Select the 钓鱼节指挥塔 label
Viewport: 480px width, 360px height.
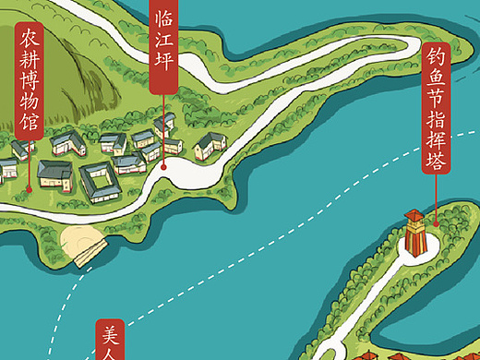[x=437, y=112]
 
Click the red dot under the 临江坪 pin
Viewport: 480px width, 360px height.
[x=163, y=167]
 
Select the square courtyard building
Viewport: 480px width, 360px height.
[x=100, y=181]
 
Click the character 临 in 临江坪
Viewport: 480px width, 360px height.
[x=163, y=18]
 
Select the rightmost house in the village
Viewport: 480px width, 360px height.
[x=210, y=142]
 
